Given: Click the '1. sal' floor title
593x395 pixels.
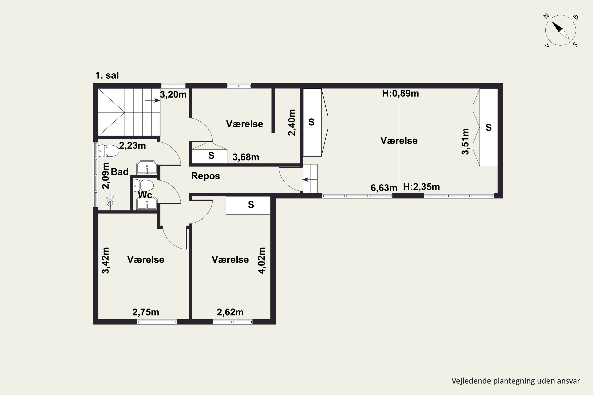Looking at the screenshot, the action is (x=107, y=75).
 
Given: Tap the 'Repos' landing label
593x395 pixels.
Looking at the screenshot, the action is (x=206, y=176).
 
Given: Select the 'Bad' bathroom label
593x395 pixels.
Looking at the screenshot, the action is (x=120, y=172).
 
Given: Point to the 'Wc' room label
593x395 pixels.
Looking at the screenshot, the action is (x=145, y=195).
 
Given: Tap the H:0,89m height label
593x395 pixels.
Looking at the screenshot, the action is (x=400, y=93).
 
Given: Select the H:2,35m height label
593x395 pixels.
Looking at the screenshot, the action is (x=422, y=187).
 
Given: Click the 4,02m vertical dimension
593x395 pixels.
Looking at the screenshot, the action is (x=262, y=261).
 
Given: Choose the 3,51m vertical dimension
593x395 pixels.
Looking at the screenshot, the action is (x=466, y=142).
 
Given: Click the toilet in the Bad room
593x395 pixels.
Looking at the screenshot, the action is (x=108, y=151).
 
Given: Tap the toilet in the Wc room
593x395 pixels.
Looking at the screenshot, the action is (x=143, y=186).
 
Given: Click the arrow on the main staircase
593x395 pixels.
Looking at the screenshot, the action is (x=153, y=101).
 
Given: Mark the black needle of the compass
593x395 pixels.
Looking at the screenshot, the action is (x=557, y=27).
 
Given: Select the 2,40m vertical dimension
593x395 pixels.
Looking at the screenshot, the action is (x=292, y=123).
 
